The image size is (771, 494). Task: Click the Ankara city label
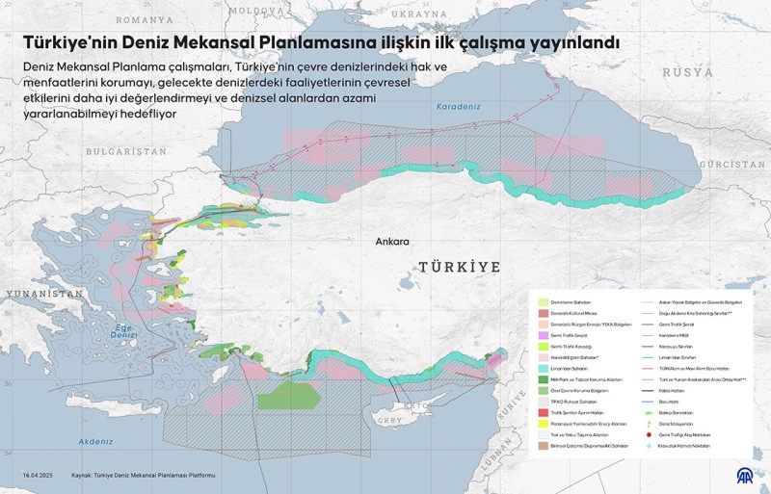tap(393, 242)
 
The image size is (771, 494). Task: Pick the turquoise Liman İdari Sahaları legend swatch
tap(544, 368)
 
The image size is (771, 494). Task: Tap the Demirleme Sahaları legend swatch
tap(544, 301)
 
